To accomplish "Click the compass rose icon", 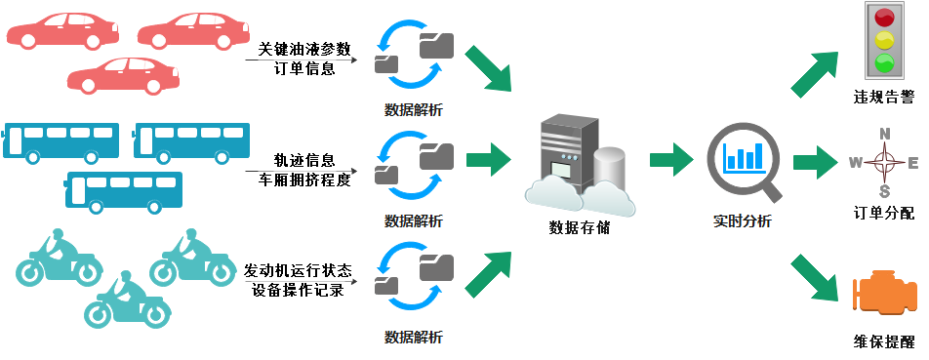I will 884,163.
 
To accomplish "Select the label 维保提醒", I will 883,342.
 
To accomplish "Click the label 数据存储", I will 579,228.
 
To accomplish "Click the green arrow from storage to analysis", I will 670,158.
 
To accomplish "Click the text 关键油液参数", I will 303,50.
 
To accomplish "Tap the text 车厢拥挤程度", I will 303,179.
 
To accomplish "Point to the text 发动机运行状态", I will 296,270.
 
